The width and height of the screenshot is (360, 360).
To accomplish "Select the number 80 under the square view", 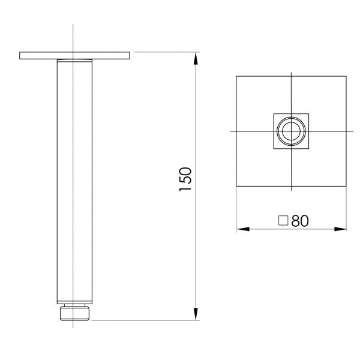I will (300, 220).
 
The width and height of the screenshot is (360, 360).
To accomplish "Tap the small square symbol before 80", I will (284, 220).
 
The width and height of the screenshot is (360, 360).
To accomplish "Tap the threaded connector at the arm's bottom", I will (73, 313).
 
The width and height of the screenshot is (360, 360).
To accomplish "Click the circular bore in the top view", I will (291, 130).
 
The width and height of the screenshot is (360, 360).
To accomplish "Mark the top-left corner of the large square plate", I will (236, 76).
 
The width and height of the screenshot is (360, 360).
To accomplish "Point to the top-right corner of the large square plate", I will (346, 76).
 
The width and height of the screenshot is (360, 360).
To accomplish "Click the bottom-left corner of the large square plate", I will (236, 186).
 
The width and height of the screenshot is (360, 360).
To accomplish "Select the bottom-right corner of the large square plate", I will (346, 186).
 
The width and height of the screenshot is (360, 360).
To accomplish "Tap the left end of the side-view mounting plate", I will (21, 56).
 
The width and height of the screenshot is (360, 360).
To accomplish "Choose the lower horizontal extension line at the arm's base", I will (144, 320).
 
